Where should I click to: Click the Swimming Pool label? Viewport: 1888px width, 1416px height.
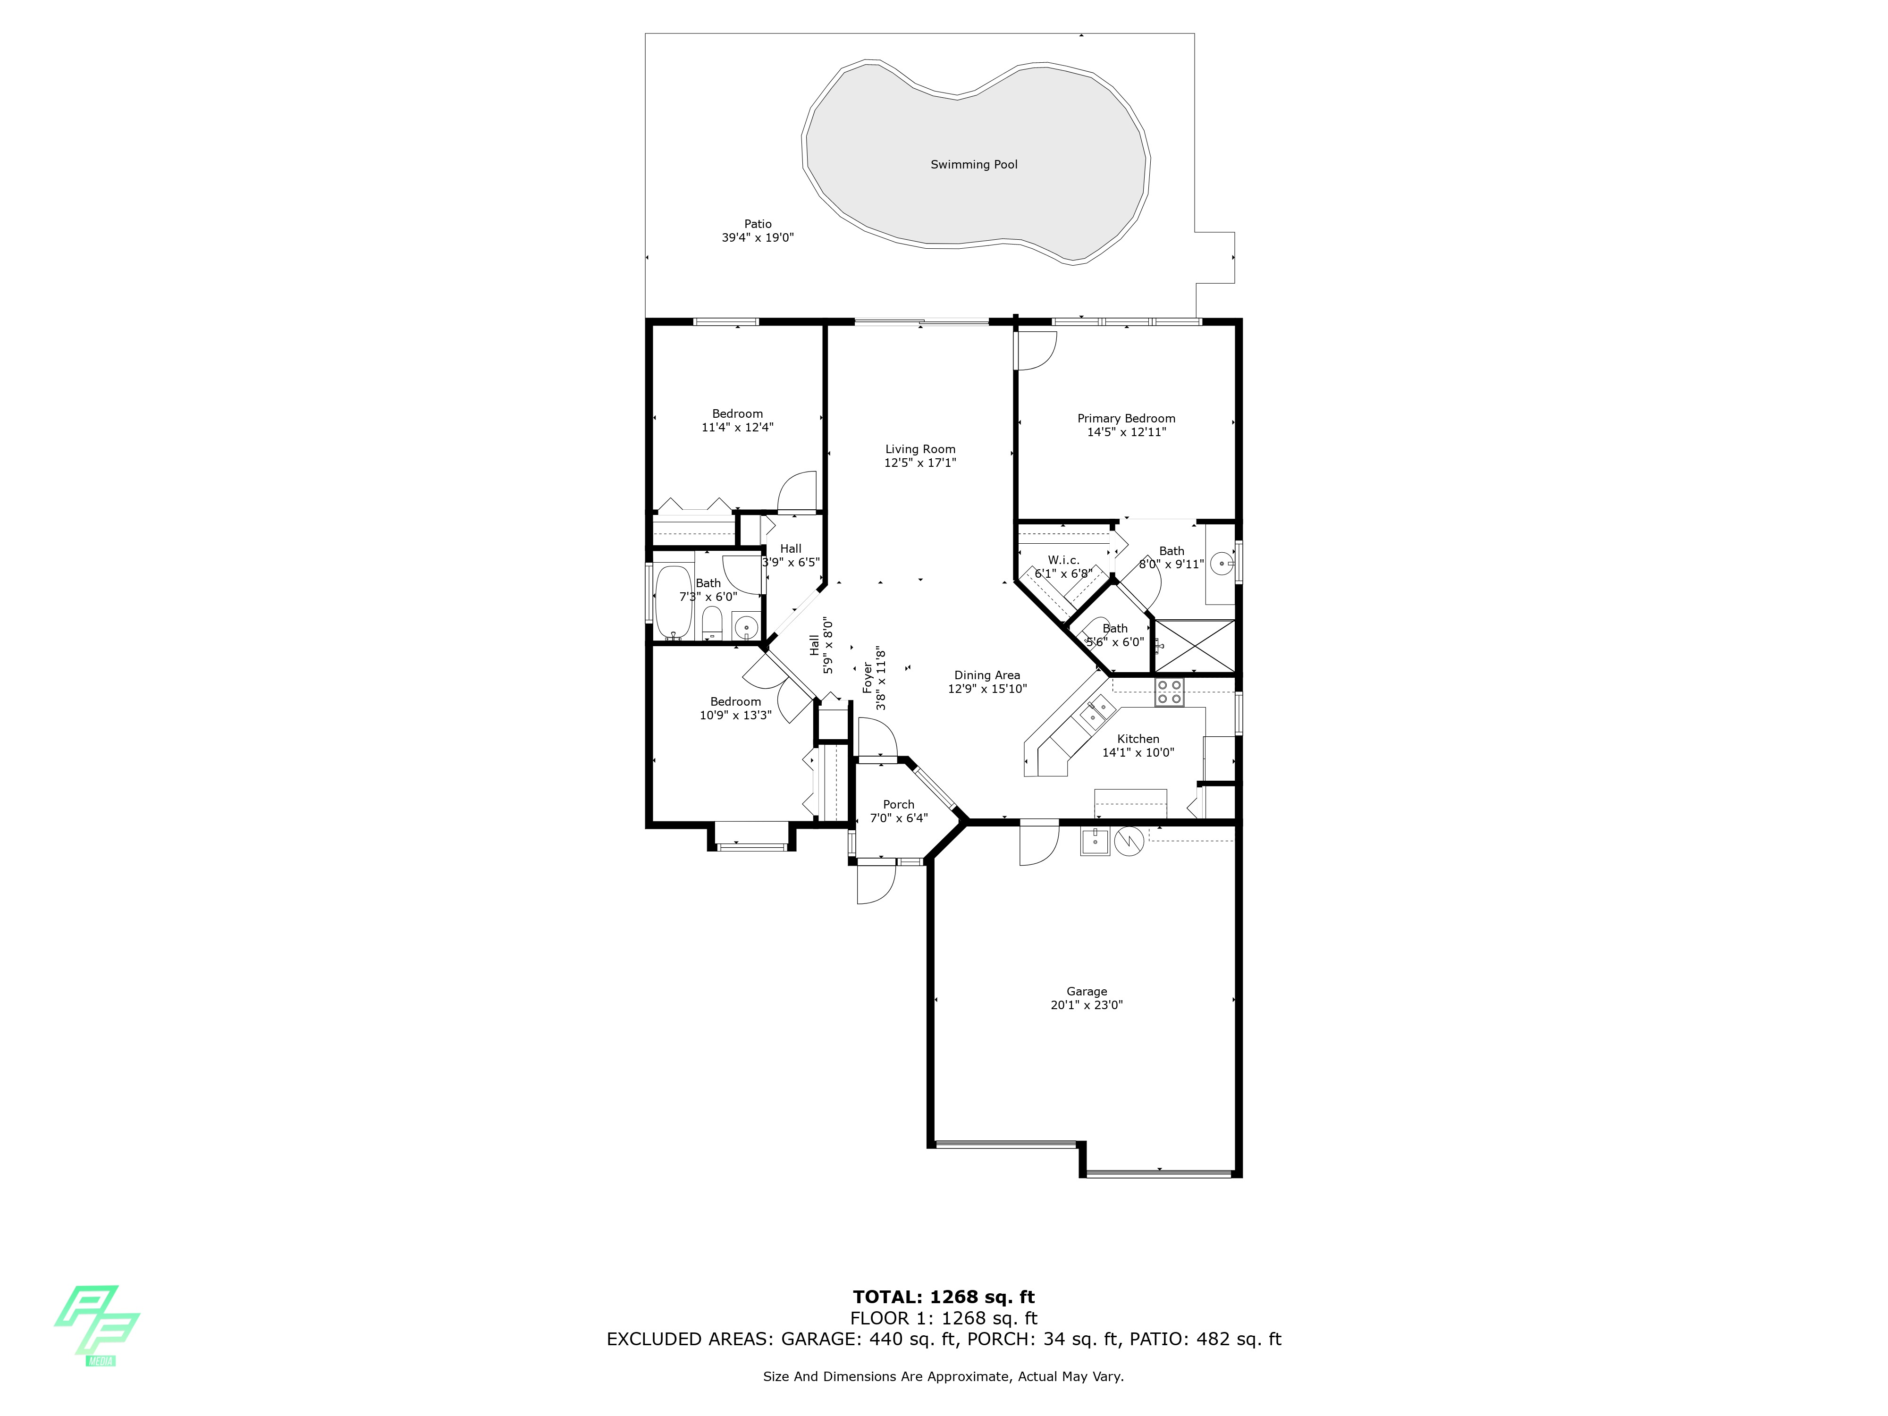tap(974, 165)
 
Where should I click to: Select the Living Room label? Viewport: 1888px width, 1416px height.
tap(920, 449)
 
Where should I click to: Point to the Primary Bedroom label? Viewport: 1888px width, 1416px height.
tap(1126, 418)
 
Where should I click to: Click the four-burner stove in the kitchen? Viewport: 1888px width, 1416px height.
tap(1169, 692)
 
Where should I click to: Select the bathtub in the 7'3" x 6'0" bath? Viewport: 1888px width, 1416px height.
tap(674, 603)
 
